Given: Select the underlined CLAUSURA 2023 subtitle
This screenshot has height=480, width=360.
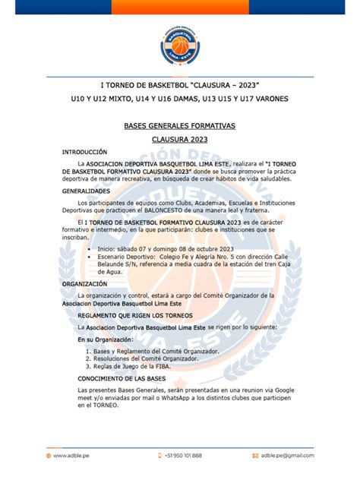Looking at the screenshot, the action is [x=179, y=141].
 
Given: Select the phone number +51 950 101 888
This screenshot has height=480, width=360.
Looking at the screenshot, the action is [x=183, y=455].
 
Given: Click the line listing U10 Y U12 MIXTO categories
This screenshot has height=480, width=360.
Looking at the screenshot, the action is [x=179, y=99].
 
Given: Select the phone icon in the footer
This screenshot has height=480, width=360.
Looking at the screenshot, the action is [x=158, y=455].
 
